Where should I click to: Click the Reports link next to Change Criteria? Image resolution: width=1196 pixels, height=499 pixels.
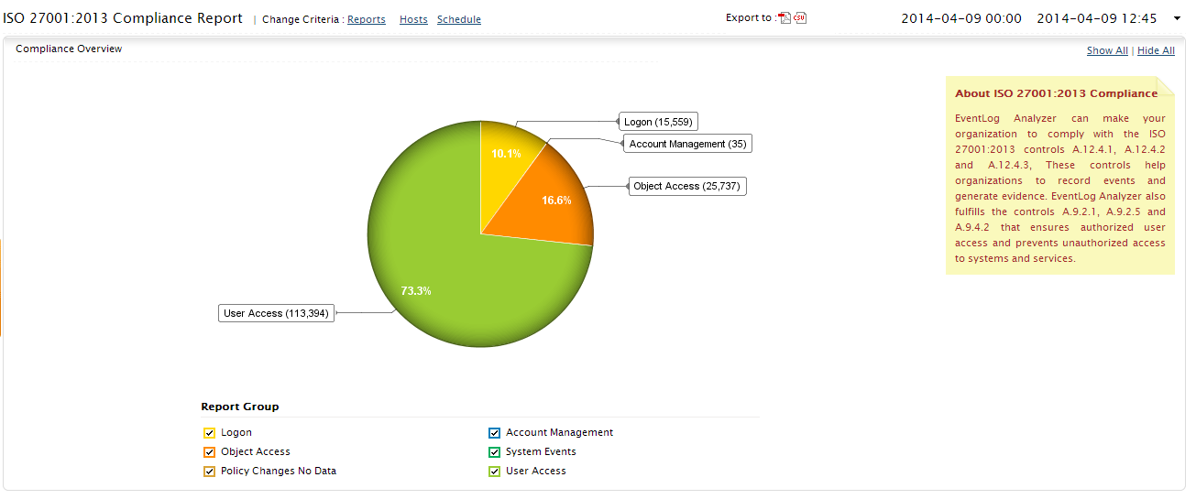(x=366, y=19)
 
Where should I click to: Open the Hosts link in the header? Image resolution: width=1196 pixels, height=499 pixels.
(x=413, y=19)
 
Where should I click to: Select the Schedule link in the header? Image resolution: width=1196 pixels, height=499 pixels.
(x=458, y=19)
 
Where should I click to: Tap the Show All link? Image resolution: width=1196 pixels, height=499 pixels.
(x=1107, y=50)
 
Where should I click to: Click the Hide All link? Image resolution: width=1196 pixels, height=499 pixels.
(x=1156, y=50)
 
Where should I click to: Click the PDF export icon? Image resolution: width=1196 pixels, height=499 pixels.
(x=785, y=18)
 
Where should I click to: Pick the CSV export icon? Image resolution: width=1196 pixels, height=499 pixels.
(x=800, y=18)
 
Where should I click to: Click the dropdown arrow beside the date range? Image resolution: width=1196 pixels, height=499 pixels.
(x=1177, y=18)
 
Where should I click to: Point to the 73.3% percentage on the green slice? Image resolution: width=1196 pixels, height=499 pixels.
(x=416, y=290)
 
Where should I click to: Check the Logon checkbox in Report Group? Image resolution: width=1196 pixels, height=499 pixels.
(x=209, y=433)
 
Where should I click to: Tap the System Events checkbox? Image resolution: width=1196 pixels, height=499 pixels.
(x=495, y=452)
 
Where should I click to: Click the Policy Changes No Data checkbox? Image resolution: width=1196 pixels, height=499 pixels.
(x=209, y=472)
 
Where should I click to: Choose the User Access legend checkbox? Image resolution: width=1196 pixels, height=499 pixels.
(x=495, y=472)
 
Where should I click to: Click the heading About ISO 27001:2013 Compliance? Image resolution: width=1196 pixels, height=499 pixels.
(x=1056, y=93)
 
